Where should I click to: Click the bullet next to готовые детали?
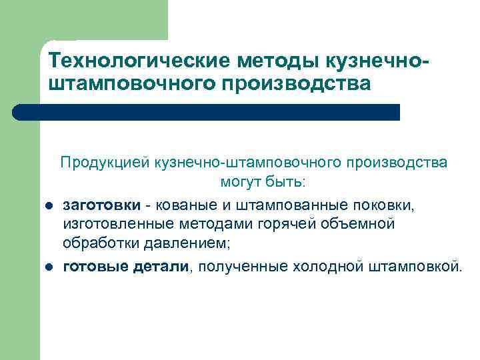pos(49,268)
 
